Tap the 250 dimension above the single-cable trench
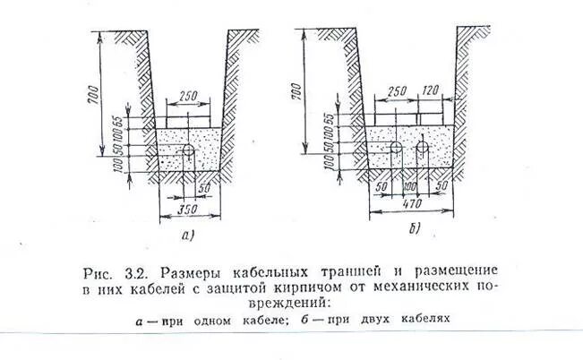pyautogui.click(x=188, y=95)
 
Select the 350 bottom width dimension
pyautogui.click(x=187, y=208)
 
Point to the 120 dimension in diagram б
pyautogui.click(x=433, y=91)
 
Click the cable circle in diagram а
pyautogui.click(x=188, y=150)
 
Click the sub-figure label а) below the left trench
pyautogui.click(x=186, y=236)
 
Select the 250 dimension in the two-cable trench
pyautogui.click(x=399, y=91)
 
